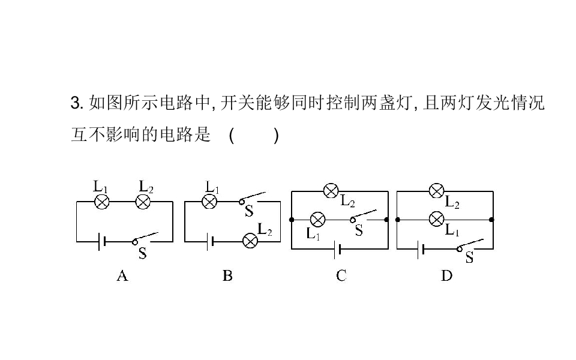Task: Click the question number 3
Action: click(75, 103)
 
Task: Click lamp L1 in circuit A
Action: click(103, 202)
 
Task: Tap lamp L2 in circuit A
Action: click(143, 202)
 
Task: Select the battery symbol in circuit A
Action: click(101, 241)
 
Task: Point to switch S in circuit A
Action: click(146, 238)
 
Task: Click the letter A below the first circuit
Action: click(122, 276)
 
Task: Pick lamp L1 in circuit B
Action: click(209, 202)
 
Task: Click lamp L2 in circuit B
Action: click(250, 241)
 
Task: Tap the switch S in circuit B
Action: click(252, 198)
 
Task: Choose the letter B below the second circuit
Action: click(227, 276)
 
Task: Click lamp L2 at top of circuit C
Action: click(331, 191)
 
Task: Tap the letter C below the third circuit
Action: click(341, 276)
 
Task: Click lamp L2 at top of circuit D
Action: click(437, 191)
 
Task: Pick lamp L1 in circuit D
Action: click(437, 220)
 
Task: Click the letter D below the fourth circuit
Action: click(446, 276)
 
